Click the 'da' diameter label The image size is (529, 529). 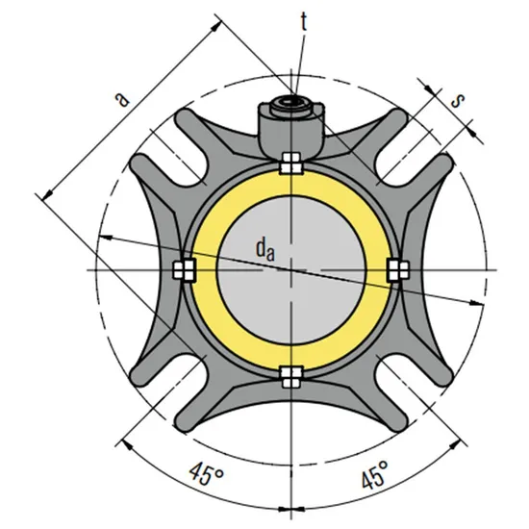(x=266, y=249)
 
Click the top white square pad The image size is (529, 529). (x=290, y=164)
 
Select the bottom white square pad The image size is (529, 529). (x=290, y=374)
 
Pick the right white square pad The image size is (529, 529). (x=394, y=270)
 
